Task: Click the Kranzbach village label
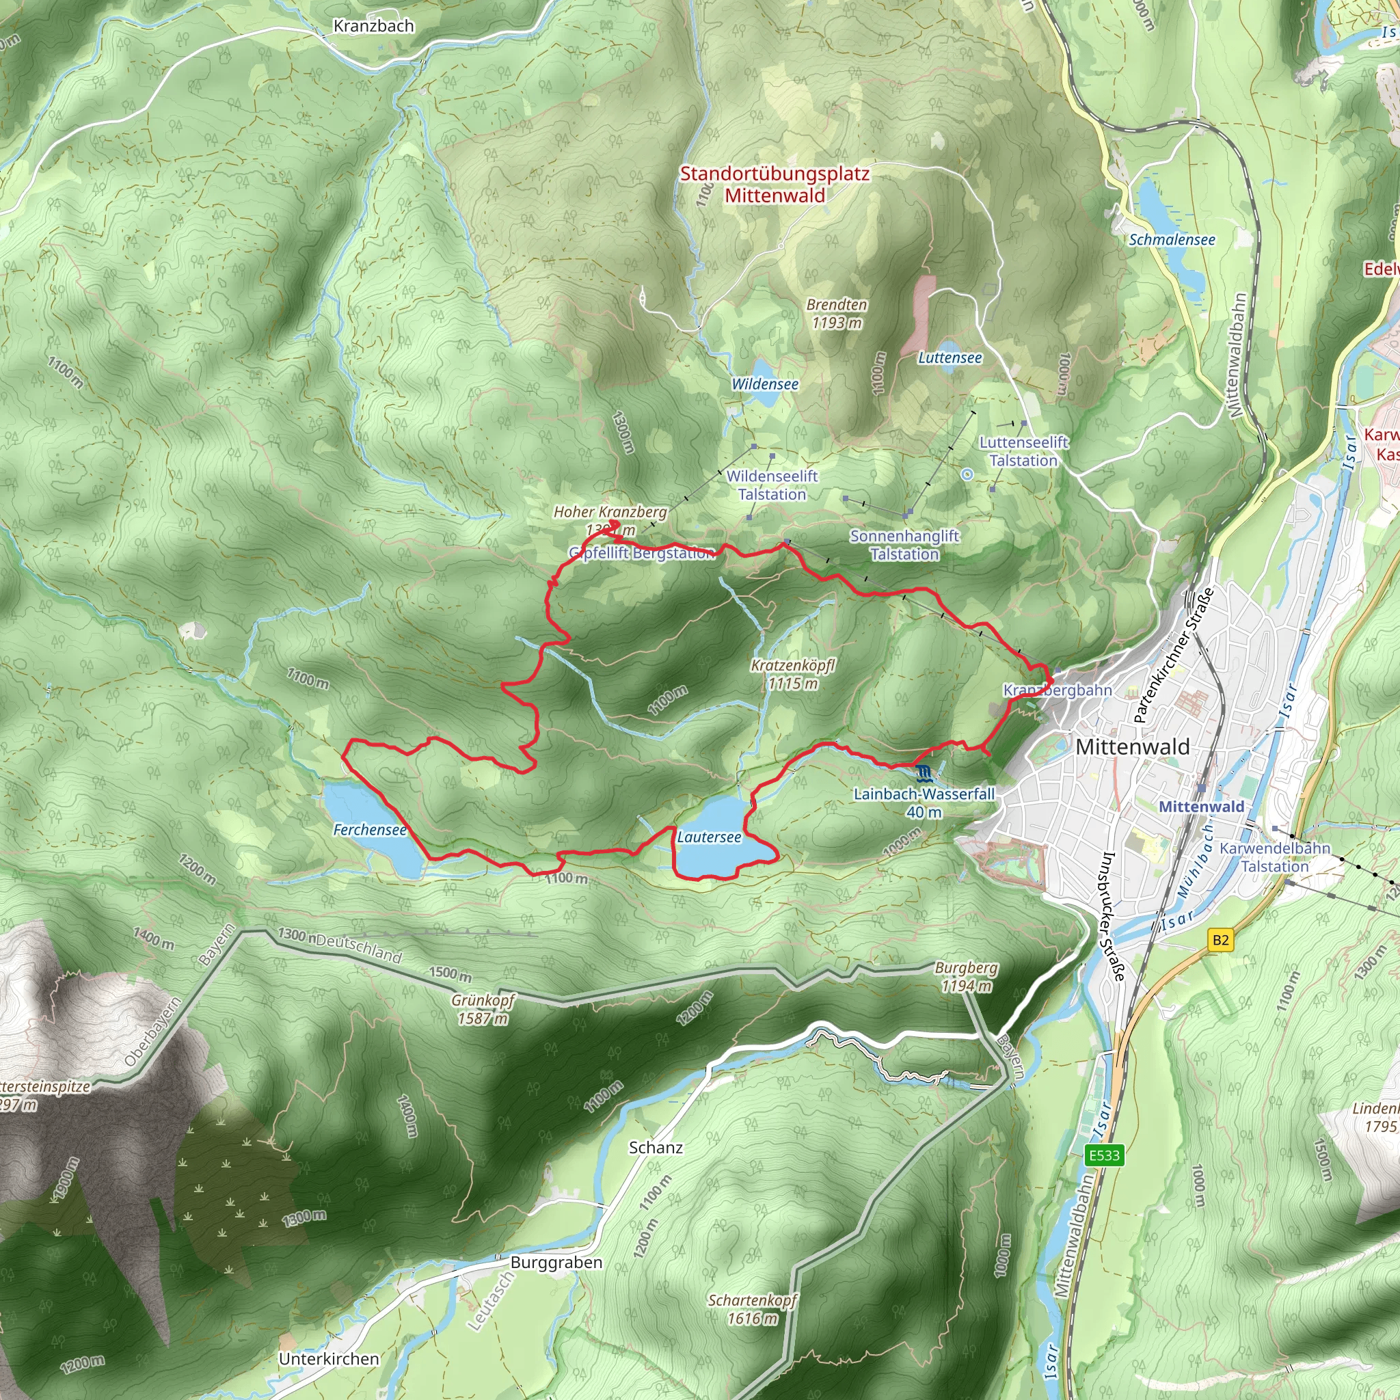[373, 26]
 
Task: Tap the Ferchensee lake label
[370, 830]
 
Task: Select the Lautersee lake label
[709, 837]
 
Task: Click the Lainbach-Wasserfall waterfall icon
[922, 773]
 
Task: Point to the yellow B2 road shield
[1220, 940]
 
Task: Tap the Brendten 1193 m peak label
[837, 314]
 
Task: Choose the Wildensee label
[764, 384]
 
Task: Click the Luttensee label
[950, 358]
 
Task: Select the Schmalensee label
[1172, 240]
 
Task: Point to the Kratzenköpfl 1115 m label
[793, 674]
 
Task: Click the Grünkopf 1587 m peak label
[483, 1010]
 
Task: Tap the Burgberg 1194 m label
[966, 977]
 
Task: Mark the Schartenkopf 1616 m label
[752, 1309]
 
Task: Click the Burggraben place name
[556, 1263]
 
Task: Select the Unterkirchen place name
[329, 1359]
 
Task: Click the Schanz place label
[655, 1147]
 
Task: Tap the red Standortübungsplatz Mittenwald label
[775, 184]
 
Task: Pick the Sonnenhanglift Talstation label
[904, 545]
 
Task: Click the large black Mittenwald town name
[1132, 747]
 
